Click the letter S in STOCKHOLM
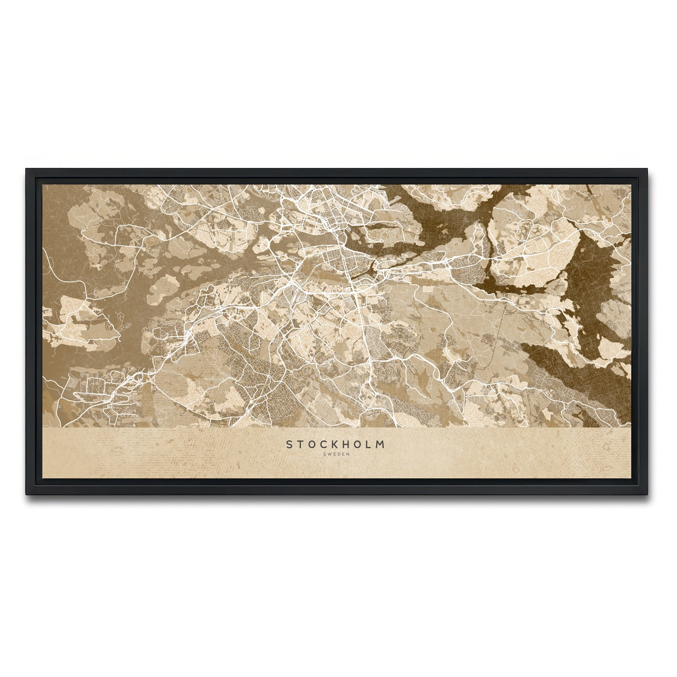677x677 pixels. pyautogui.click(x=289, y=445)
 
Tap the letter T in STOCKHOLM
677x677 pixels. pyautogui.click(x=302, y=445)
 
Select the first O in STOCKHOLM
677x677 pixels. pyautogui.click(x=314, y=445)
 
